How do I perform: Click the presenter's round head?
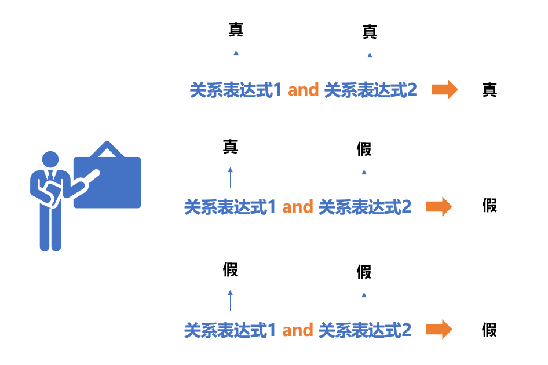50,159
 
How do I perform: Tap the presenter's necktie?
50,176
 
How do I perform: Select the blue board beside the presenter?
107,183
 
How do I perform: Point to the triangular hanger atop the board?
107,149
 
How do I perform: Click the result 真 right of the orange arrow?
489,90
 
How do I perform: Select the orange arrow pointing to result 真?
445,90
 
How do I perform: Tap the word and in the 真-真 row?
303,90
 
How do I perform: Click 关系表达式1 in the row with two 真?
236,90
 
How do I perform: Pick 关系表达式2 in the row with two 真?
371,90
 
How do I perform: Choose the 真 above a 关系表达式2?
370,32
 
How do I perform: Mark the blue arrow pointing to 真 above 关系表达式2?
370,63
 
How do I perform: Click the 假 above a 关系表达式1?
231,269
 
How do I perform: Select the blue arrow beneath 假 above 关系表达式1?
231,300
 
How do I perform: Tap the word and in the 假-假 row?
297,330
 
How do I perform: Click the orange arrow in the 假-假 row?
439,329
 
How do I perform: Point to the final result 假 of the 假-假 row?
489,330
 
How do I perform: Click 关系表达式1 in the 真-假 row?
230,207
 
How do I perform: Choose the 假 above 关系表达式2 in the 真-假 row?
364,149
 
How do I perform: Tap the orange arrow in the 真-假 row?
439,207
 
